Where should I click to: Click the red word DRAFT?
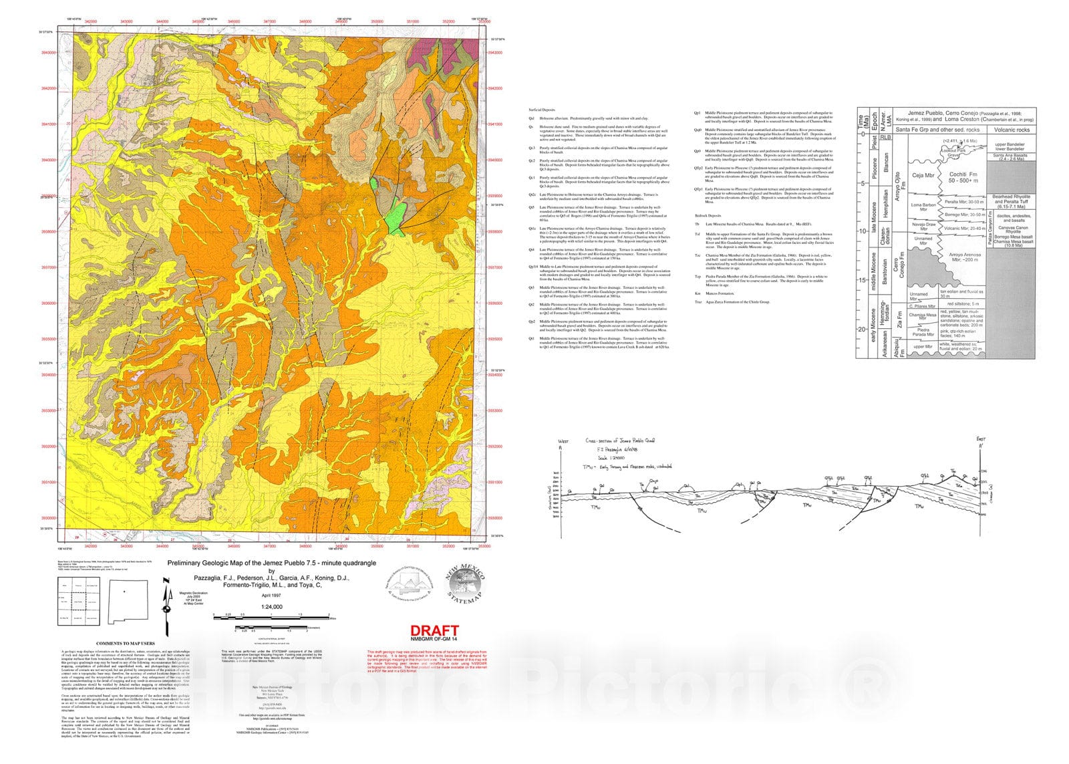pyautogui.click(x=434, y=630)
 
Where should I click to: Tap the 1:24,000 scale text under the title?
pyautogui.click(x=272, y=607)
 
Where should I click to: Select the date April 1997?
pyautogui.click(x=271, y=595)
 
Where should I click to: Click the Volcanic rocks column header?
pyautogui.click(x=1012, y=130)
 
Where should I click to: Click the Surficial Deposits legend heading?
pyautogui.click(x=542, y=109)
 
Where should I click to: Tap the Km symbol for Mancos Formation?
pyautogui.click(x=698, y=293)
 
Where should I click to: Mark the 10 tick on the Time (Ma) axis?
pyautogui.click(x=863, y=231)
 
